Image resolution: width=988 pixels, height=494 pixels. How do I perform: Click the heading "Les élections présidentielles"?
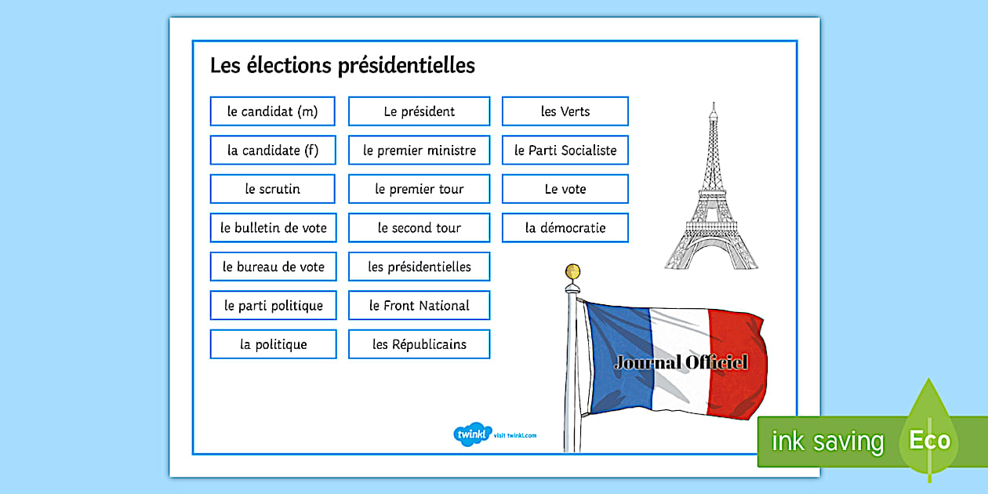pos(343,65)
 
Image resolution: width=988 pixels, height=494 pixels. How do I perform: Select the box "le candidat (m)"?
pos(272,111)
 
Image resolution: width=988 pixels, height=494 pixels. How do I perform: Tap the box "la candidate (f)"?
pos(272,151)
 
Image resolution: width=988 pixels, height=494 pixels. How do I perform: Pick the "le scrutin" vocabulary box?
pos(272,189)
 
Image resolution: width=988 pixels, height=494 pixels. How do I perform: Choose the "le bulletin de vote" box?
pos(274,228)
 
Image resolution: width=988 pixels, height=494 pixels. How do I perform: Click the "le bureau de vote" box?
pos(274,267)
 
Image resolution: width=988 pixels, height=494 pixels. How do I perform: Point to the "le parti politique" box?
pos(274,306)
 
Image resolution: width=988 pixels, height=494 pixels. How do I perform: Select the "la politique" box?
pos(274,344)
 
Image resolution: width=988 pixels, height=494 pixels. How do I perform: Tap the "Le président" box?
pos(420,111)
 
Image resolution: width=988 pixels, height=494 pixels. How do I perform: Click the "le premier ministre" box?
pos(420,151)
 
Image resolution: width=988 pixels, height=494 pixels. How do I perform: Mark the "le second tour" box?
pos(420,228)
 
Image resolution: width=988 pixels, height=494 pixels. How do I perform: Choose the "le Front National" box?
pos(420,306)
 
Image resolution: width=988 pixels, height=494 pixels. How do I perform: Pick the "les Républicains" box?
pos(420,344)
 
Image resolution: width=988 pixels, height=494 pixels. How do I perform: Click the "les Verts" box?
pos(565,111)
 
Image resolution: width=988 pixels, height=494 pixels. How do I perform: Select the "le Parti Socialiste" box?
pos(565,151)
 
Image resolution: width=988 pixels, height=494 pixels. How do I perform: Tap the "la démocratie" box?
pos(565,228)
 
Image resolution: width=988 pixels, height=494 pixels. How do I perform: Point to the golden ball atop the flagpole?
pos(573,272)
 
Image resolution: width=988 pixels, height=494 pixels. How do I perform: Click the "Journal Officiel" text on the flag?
pos(681,363)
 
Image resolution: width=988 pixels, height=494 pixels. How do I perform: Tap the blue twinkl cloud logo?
pos(472,434)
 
